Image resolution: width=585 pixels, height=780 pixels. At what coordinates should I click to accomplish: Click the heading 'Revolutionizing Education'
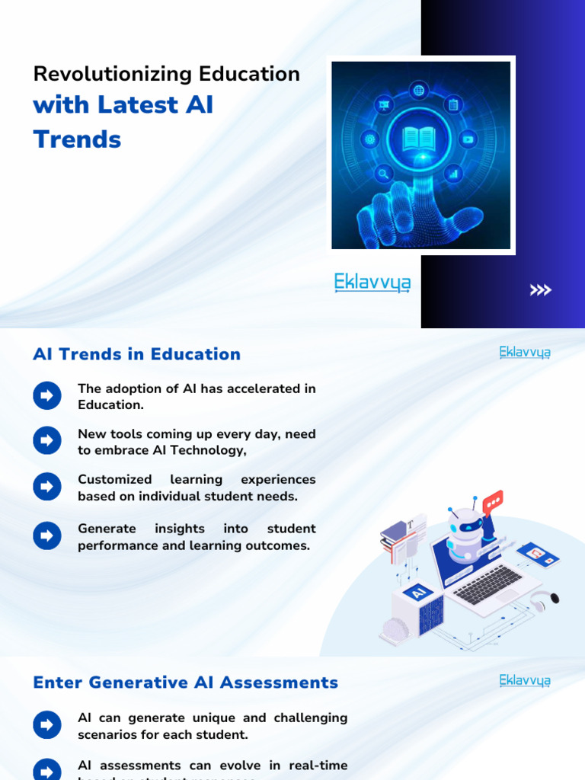coord(166,74)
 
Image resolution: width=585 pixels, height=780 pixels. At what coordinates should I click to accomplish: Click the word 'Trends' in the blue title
coord(77,139)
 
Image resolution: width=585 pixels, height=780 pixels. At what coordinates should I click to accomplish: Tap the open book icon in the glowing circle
coord(419,139)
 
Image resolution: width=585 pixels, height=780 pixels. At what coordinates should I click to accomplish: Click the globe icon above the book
coord(419,91)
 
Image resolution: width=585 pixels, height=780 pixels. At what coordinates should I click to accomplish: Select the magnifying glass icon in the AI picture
coord(384,174)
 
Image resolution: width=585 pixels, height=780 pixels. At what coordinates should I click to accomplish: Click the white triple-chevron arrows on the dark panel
coord(541,289)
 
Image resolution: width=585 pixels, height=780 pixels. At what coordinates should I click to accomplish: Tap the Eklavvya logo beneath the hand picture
coord(372,283)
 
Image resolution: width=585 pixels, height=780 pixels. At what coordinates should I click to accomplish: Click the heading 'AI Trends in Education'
coord(136,354)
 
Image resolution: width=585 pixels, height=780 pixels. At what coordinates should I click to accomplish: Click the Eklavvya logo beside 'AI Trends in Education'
coord(525,352)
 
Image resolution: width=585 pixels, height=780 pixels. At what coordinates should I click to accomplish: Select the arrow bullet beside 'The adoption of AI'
coord(47,395)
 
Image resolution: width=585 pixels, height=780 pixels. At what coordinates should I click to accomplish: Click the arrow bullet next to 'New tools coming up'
coord(47,440)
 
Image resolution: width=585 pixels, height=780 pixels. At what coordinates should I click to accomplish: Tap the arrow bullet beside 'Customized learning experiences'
coord(47,487)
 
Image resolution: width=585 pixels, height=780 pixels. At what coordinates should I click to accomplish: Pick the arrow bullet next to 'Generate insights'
coord(47,535)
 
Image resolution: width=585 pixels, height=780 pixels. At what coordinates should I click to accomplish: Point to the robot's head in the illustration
coord(465,526)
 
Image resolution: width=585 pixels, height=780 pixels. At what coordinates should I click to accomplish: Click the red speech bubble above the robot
coord(493,501)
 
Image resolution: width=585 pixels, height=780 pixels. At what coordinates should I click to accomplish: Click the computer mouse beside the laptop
coord(554,598)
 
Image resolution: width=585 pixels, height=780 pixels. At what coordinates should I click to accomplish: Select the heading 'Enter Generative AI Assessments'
coord(185,682)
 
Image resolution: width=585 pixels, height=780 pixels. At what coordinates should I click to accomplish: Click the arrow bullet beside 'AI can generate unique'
coord(47,725)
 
